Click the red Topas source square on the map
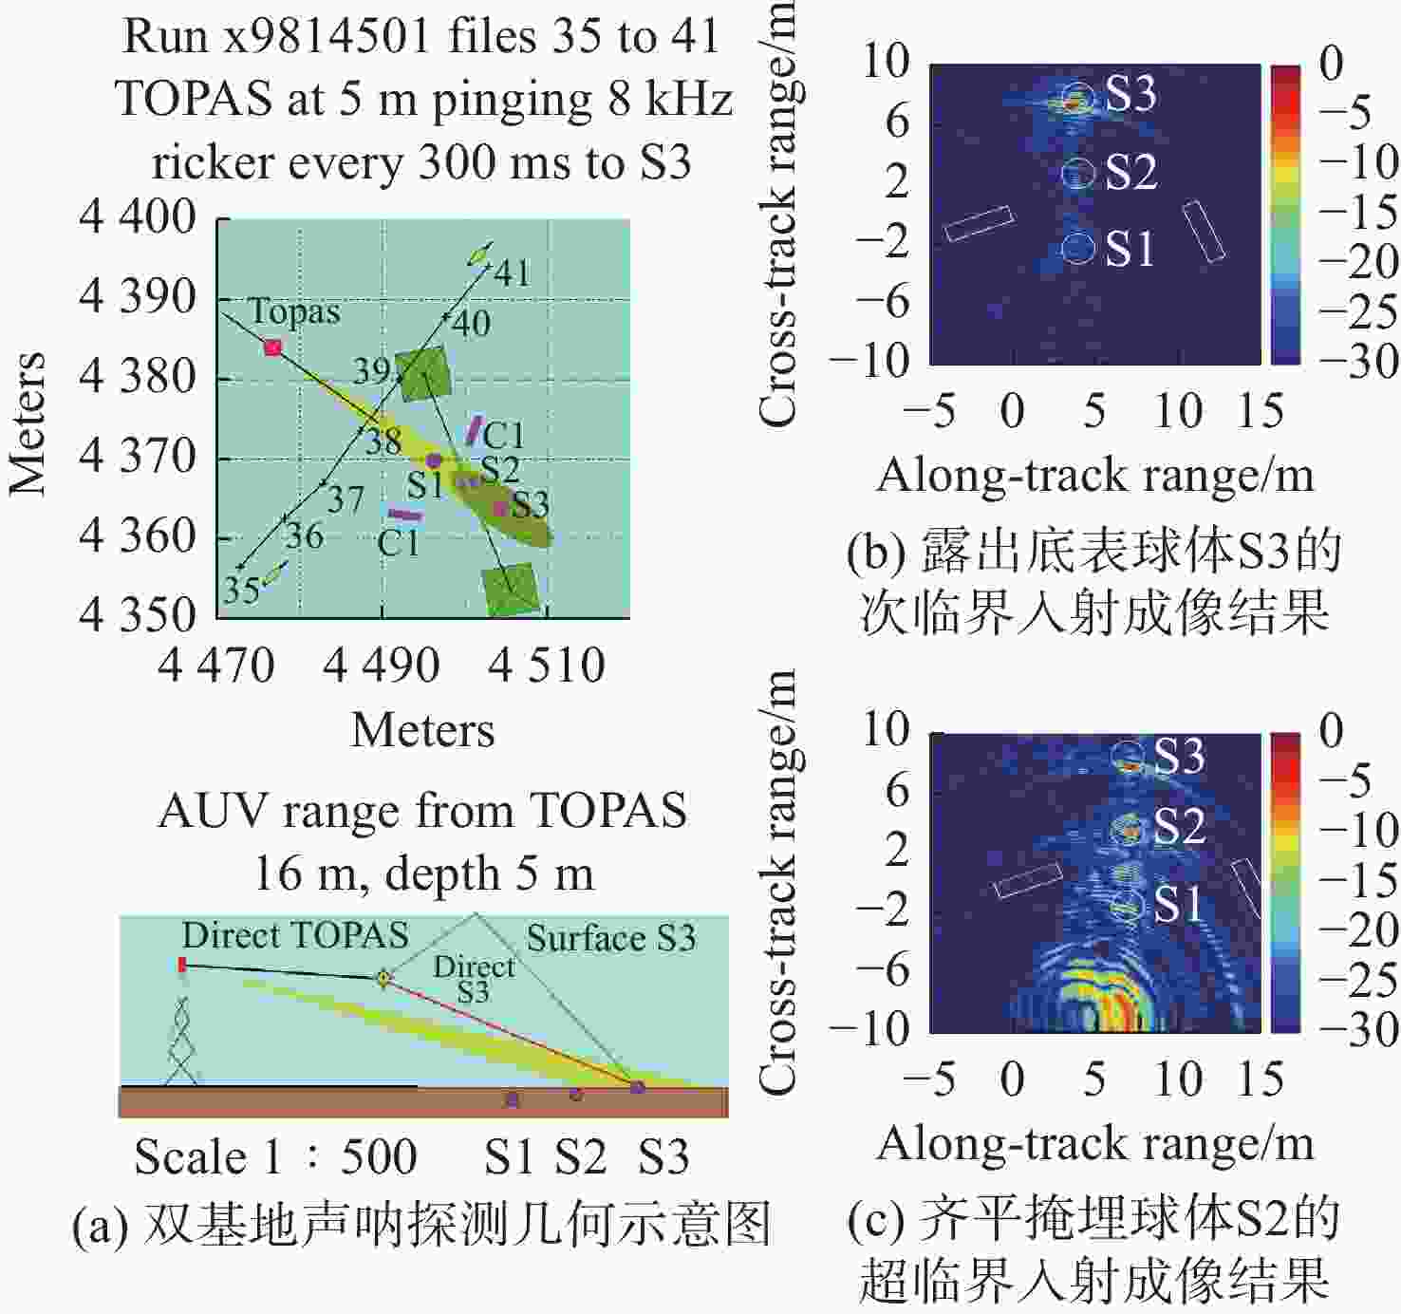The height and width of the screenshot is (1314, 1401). [273, 347]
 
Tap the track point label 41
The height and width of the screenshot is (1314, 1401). [513, 272]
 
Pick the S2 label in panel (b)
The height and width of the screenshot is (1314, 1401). [1130, 172]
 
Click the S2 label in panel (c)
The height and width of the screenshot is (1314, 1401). [1180, 826]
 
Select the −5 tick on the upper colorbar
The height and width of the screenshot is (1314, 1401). [1344, 112]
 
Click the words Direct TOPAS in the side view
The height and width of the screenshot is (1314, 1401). [295, 936]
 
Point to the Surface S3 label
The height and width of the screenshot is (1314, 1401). [611, 938]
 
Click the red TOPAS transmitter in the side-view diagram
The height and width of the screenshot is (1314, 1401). [182, 965]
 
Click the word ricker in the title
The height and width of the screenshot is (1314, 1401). [213, 163]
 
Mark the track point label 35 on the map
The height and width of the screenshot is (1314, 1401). [242, 590]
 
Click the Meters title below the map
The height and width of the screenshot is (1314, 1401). [422, 730]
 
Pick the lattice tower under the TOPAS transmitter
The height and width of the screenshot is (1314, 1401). [180, 1040]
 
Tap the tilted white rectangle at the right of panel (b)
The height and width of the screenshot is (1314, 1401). [1204, 233]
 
